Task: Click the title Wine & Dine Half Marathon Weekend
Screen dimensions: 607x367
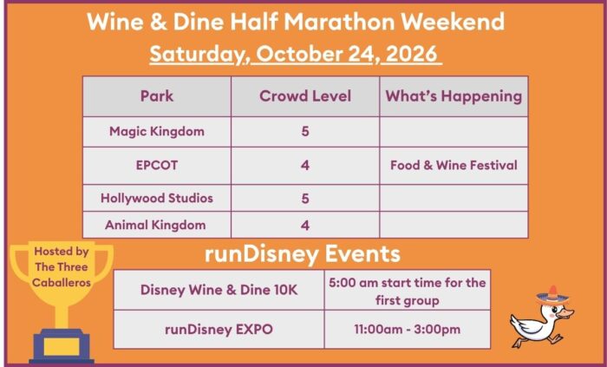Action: click(296, 22)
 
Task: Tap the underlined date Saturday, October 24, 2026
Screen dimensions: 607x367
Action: click(296, 54)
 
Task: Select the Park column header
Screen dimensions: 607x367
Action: click(157, 96)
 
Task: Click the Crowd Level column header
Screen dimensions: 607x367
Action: click(305, 96)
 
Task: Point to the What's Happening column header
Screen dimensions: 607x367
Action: click(454, 96)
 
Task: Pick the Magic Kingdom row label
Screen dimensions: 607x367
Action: click(157, 132)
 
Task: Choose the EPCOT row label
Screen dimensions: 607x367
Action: click(157, 166)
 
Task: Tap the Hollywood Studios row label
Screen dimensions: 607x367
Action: click(157, 198)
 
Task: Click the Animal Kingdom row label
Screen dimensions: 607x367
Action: click(155, 225)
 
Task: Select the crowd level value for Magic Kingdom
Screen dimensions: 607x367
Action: click(305, 132)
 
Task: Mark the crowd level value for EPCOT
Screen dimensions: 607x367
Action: click(305, 166)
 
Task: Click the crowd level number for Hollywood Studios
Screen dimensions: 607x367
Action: click(305, 199)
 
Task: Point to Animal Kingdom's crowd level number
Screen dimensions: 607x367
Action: click(305, 226)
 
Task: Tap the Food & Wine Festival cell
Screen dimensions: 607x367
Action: click(454, 166)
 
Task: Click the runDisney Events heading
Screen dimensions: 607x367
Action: click(303, 254)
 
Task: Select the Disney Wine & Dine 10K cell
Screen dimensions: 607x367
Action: click(219, 290)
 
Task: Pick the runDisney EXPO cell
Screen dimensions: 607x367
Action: click(219, 330)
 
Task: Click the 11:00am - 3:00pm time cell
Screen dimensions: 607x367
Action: click(408, 330)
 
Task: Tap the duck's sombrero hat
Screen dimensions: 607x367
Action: click(553, 295)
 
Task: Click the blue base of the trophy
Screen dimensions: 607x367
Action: click(62, 346)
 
